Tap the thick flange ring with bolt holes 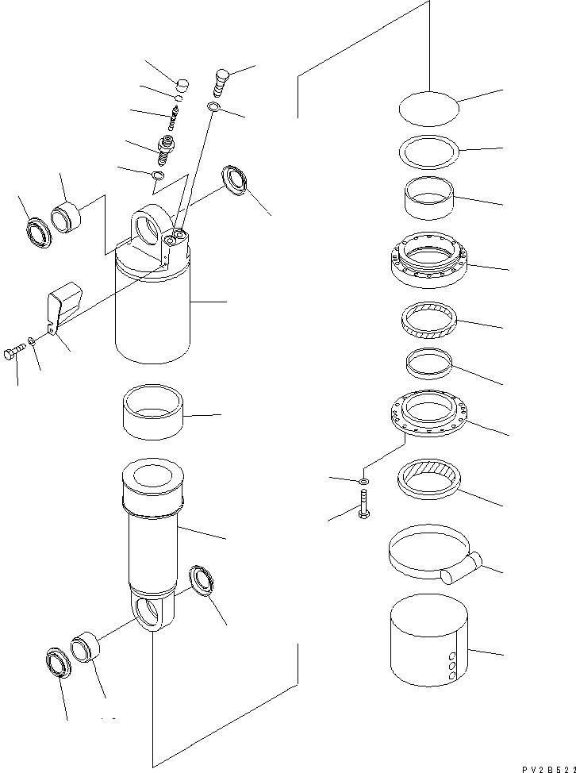click(428, 260)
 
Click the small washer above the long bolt click(363, 482)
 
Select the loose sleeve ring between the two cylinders click(155, 413)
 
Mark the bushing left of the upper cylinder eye click(67, 217)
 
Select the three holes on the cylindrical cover click(453, 667)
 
